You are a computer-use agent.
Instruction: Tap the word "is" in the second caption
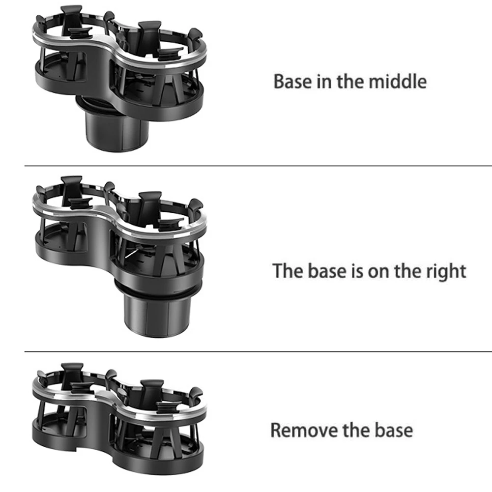point(355,271)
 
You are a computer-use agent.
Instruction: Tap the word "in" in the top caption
point(322,81)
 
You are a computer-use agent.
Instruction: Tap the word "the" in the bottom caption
point(352,430)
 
